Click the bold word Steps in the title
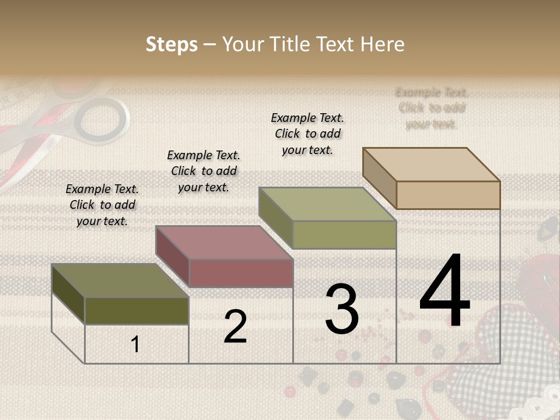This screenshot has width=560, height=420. [171, 44]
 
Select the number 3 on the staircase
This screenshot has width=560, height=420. [342, 309]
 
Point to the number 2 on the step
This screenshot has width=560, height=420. [235, 327]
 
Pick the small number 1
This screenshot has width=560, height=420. [135, 344]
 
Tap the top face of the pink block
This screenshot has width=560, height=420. [224, 242]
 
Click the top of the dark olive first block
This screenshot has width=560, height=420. [120, 281]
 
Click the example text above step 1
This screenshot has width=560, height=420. [102, 205]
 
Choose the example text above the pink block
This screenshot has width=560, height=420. [204, 171]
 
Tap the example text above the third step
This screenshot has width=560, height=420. [307, 134]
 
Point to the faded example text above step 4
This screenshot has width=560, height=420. [432, 108]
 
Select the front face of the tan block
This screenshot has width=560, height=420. [448, 195]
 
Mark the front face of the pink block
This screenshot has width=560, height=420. [241, 273]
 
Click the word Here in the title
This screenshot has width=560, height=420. [383, 44]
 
